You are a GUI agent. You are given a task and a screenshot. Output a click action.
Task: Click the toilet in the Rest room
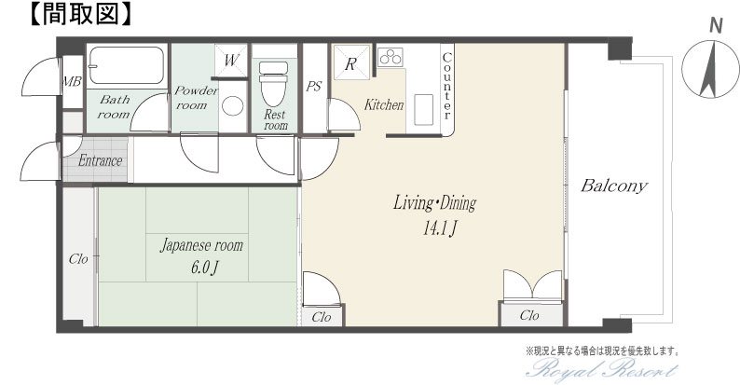click(x=273, y=83)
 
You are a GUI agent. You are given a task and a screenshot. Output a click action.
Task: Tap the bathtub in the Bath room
click(x=126, y=64)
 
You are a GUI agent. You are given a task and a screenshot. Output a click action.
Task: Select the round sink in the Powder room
click(x=232, y=105)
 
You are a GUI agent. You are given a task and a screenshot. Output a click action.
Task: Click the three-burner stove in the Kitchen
click(x=391, y=57)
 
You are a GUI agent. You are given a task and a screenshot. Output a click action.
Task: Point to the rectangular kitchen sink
click(x=423, y=109)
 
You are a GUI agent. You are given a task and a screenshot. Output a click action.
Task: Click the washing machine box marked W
click(x=231, y=61)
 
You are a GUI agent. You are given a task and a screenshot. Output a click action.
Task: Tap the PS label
click(x=314, y=87)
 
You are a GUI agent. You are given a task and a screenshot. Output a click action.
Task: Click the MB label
click(x=72, y=82)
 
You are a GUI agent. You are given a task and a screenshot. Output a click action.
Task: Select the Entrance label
click(x=100, y=160)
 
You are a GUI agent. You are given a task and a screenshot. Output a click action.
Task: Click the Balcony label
click(x=613, y=186)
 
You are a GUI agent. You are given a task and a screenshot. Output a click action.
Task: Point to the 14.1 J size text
click(x=439, y=229)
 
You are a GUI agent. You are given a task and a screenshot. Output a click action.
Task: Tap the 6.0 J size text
click(x=204, y=268)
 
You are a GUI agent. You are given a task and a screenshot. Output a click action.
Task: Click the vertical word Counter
click(x=446, y=87)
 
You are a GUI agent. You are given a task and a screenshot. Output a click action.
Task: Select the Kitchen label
click(x=384, y=104)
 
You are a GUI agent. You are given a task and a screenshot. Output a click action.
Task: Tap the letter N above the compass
click(x=717, y=25)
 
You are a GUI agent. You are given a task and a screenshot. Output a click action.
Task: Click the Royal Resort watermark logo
click(x=602, y=368)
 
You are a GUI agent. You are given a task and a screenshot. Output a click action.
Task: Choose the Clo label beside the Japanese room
click(x=78, y=259)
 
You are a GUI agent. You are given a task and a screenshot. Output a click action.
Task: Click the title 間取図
click(x=79, y=15)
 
